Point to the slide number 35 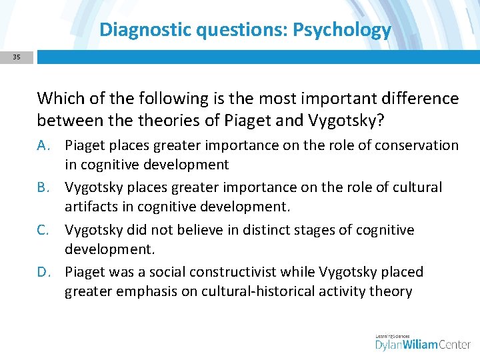pos(16,57)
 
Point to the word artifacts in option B pos(90,207)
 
